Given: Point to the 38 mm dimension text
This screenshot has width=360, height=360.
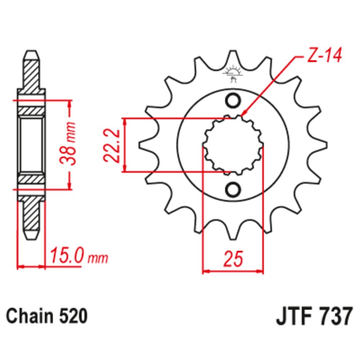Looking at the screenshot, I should (x=69, y=144).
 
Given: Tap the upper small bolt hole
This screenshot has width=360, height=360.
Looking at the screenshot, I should (x=233, y=99).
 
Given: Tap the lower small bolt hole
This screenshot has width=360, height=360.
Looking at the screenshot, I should (x=233, y=189).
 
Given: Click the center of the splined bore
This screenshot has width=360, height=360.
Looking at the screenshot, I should (x=233, y=145).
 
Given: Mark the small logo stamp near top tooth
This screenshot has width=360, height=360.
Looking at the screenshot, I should (x=233, y=74).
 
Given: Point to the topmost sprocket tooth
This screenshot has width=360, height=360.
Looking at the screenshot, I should (x=233, y=58).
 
